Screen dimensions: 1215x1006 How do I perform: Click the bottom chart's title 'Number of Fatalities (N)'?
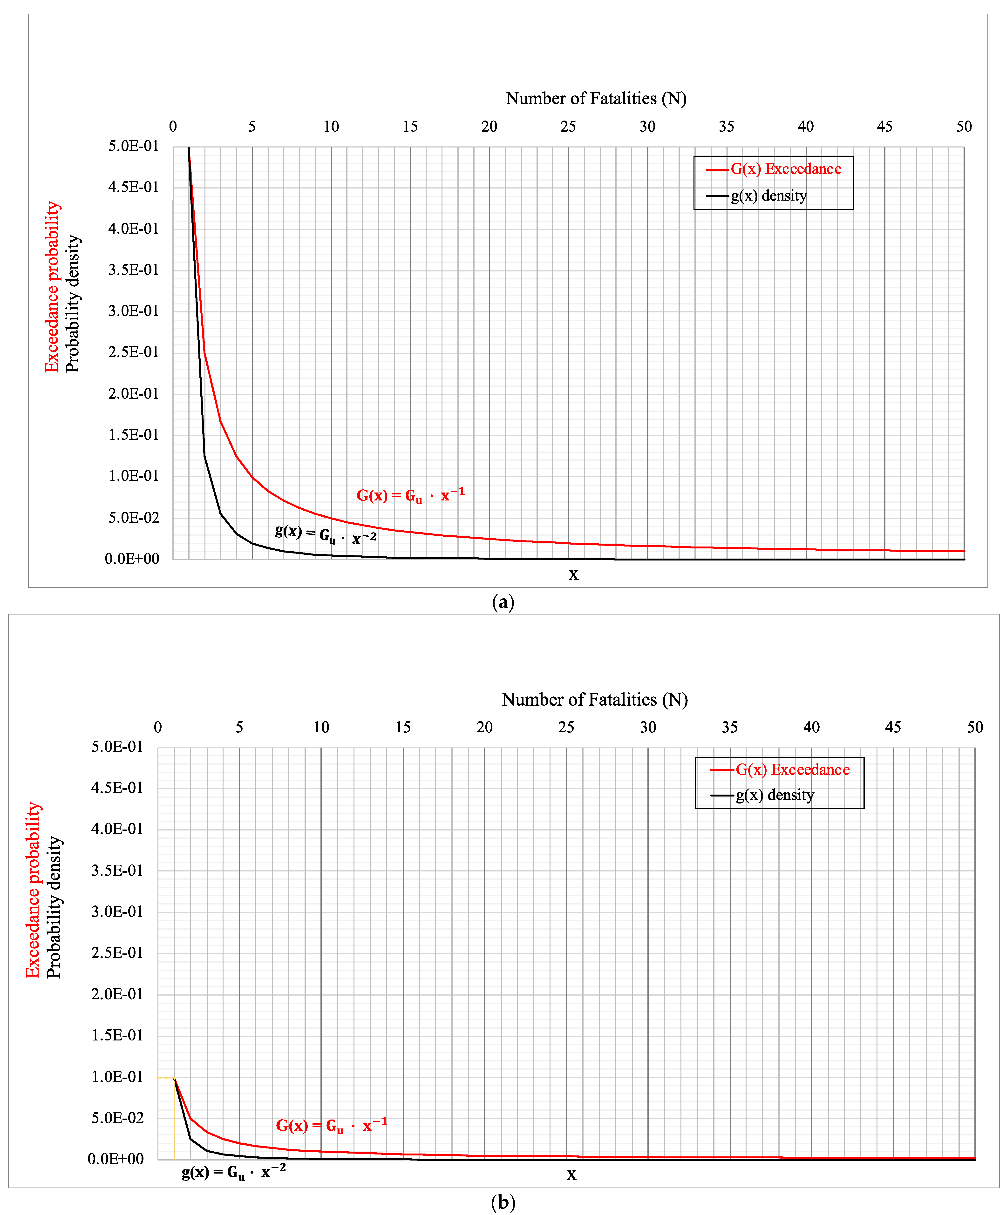click(x=594, y=700)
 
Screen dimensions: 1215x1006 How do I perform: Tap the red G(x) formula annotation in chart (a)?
click(x=410, y=495)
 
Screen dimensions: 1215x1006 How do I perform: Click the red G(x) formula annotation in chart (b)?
click(x=331, y=1125)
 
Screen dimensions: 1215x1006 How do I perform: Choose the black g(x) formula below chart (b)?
click(x=233, y=1172)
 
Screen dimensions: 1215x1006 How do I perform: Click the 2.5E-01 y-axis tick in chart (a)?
click(x=133, y=352)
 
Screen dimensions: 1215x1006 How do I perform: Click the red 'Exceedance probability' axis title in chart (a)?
click(x=52, y=286)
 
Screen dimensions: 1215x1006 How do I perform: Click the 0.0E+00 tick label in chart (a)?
click(x=132, y=559)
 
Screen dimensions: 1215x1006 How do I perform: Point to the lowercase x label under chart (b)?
click(x=571, y=1174)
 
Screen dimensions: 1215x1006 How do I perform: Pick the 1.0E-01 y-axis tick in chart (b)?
click(x=117, y=1077)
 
